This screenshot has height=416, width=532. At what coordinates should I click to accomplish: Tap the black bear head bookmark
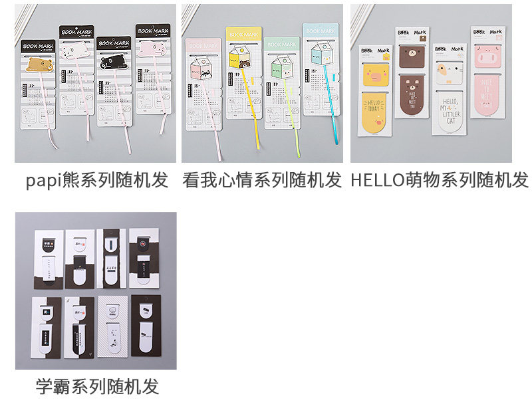point(110,60)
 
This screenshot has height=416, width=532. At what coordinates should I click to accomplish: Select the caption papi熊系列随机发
point(97,179)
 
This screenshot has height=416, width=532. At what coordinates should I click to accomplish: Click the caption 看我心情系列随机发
point(262,179)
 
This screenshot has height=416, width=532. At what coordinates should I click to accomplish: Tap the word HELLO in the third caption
point(376,179)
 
